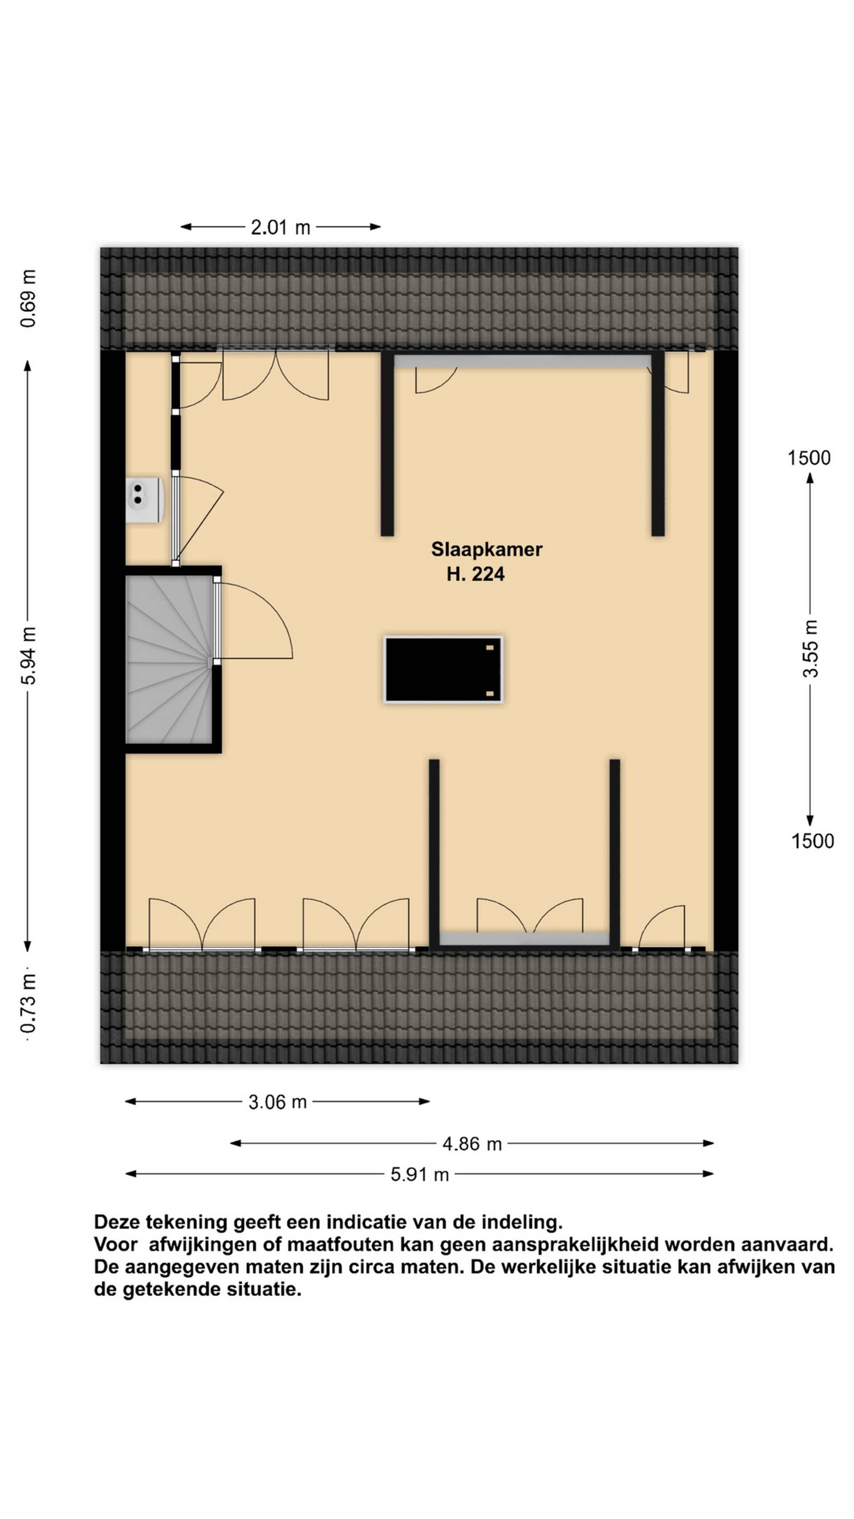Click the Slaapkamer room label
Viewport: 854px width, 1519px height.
[x=486, y=549]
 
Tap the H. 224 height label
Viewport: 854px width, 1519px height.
[x=475, y=574]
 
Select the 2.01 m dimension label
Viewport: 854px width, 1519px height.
[x=281, y=227]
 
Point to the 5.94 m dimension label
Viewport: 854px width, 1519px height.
[x=29, y=655]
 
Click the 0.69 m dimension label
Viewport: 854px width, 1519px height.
[x=28, y=298]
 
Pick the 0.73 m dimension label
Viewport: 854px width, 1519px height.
[x=28, y=1003]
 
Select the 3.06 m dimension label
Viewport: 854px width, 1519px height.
[x=278, y=1102]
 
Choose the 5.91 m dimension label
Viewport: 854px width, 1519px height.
[x=419, y=1175]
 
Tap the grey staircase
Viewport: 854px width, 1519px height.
[x=169, y=659]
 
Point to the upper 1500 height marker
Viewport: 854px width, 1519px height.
[x=809, y=458]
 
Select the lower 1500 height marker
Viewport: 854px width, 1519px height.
[x=812, y=841]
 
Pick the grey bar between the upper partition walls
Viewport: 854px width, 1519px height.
[x=522, y=361]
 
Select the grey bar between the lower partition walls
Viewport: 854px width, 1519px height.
[x=524, y=939]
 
